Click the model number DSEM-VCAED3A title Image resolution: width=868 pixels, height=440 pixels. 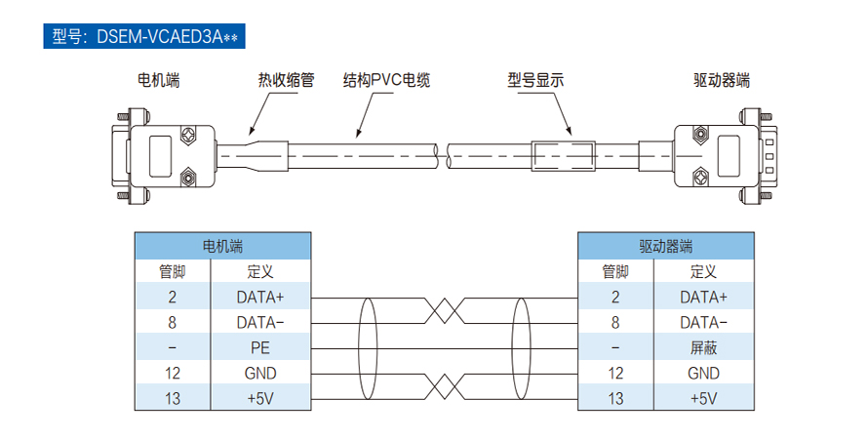pos(144,37)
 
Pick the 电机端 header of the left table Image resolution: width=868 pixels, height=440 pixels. pos(222,246)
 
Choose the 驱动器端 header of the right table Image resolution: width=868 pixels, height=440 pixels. pos(666,246)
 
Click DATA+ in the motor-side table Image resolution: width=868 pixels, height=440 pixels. pos(259,297)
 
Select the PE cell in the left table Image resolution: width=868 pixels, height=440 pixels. pos(259,347)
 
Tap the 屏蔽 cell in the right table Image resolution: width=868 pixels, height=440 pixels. pos(703,347)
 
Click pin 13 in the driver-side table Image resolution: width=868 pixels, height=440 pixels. pos(615,398)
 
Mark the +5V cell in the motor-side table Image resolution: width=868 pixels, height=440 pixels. pos(259,398)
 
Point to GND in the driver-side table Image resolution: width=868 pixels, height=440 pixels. pos(703,373)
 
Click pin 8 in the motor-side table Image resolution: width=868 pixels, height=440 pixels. pos(172,322)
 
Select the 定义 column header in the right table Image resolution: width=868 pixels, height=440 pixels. pos(703,271)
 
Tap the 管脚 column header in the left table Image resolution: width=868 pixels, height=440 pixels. pos(172,271)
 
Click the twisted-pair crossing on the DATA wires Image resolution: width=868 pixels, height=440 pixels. pos(445,309)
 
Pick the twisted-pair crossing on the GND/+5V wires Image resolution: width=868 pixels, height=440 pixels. pos(445,385)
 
